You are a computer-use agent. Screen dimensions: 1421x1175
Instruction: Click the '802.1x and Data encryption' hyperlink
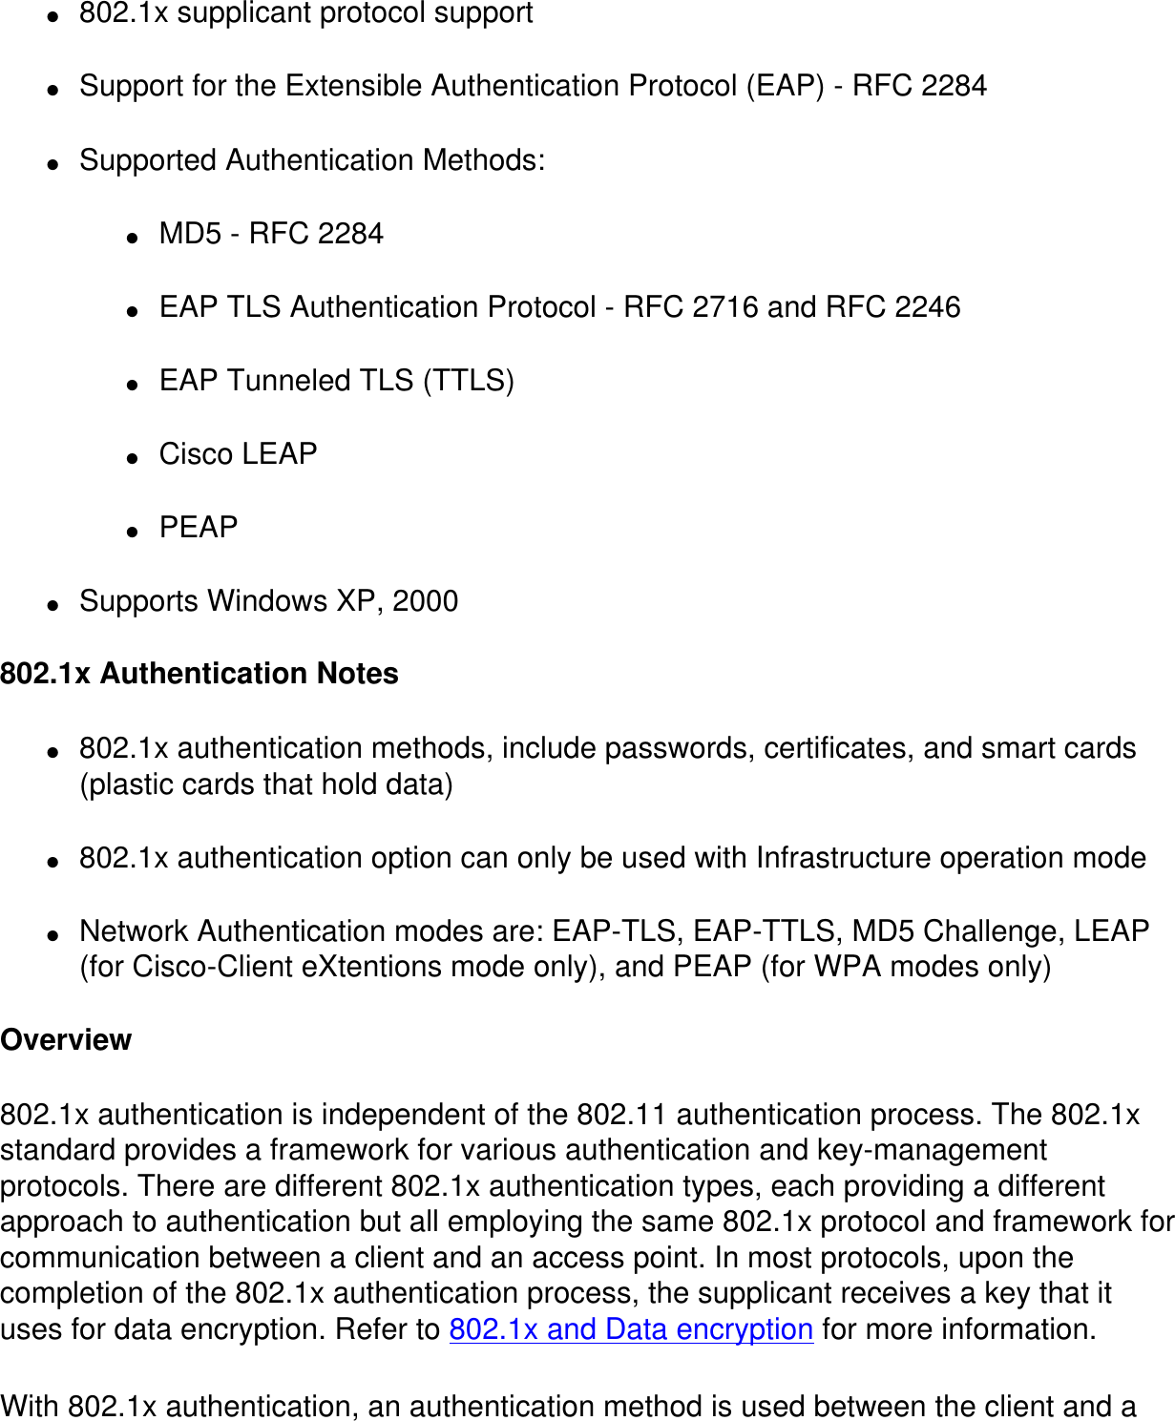pos(631,1329)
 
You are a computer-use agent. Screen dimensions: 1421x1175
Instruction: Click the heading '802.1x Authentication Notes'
pos(199,674)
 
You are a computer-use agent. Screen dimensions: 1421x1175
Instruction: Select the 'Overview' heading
pos(66,1039)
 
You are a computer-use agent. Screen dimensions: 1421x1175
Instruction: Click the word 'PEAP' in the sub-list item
pos(199,527)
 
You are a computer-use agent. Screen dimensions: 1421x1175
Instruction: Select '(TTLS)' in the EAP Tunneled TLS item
pos(469,381)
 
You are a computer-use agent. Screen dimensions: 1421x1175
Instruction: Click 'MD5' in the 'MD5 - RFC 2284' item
pos(190,234)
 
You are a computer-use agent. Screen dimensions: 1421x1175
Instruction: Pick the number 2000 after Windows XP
pos(426,601)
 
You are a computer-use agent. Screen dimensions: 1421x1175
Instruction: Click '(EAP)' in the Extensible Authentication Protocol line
pos(785,86)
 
